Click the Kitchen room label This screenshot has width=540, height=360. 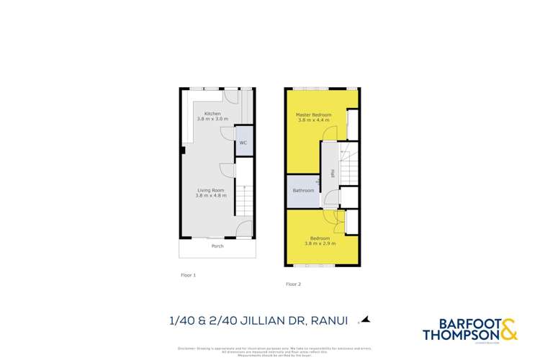click(212, 114)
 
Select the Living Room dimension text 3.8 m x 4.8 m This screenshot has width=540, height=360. click(211, 195)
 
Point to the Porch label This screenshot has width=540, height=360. click(217, 246)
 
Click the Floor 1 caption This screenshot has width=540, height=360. click(188, 275)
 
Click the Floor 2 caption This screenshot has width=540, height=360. click(293, 284)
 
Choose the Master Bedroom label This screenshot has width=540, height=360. click(314, 115)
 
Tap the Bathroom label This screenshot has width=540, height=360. click(303, 191)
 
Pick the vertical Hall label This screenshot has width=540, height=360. click(331, 174)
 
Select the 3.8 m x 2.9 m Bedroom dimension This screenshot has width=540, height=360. click(320, 243)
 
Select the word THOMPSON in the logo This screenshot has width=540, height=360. click(459, 335)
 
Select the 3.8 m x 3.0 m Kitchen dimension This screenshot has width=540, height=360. click(212, 119)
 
